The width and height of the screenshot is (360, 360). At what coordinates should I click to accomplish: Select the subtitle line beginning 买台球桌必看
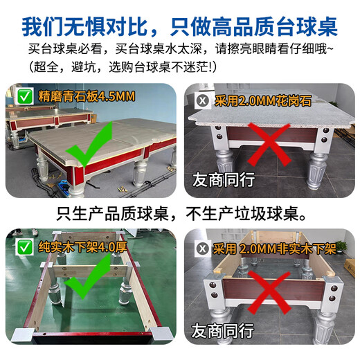pos(180,50)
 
